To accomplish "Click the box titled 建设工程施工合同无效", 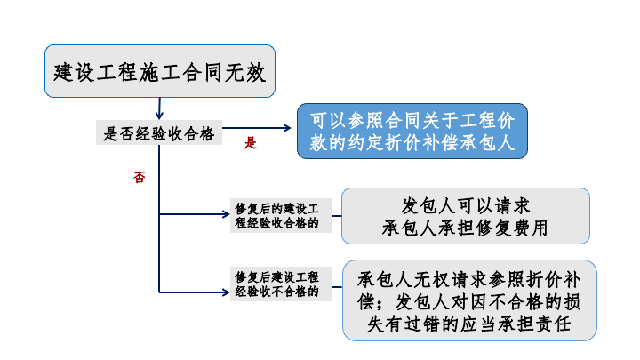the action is tap(160, 71).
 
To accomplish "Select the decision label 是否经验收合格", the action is tap(159, 132).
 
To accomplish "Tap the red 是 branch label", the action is tap(250, 143).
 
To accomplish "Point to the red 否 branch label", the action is tap(140, 177).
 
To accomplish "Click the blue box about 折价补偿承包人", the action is tap(412, 131).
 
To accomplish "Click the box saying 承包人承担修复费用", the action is tap(466, 216).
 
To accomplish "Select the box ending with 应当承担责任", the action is tap(469, 300).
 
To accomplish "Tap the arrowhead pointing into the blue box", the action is tap(287, 128).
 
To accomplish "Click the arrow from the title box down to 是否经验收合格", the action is tap(160, 108).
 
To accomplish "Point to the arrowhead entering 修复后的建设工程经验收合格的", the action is tap(226, 214).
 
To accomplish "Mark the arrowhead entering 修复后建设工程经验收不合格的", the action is tap(226, 292).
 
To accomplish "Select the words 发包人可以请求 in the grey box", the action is tap(466, 205).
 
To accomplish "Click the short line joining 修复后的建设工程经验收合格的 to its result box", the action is tap(337, 215).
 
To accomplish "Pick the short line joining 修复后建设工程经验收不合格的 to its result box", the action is tap(337, 287).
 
